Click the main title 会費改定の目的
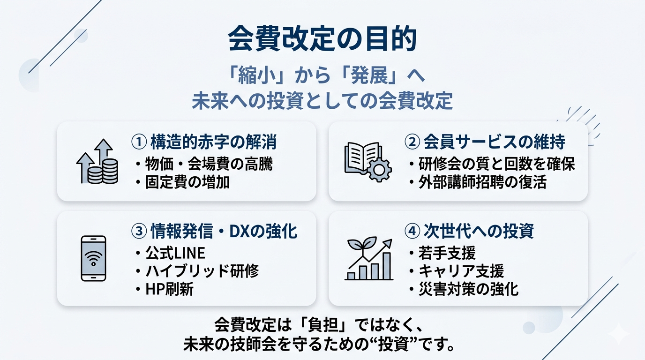(x=322, y=39)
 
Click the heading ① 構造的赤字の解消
(x=203, y=142)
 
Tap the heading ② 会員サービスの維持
(x=484, y=142)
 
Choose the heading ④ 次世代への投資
(x=469, y=232)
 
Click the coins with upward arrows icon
(x=97, y=162)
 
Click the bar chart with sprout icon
(x=368, y=259)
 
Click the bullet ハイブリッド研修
(x=196, y=271)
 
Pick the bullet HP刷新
(x=164, y=289)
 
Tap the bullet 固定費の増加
(x=182, y=182)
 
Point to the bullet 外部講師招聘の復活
(x=477, y=182)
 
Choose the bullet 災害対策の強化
(x=463, y=289)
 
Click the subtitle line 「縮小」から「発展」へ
(x=322, y=76)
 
